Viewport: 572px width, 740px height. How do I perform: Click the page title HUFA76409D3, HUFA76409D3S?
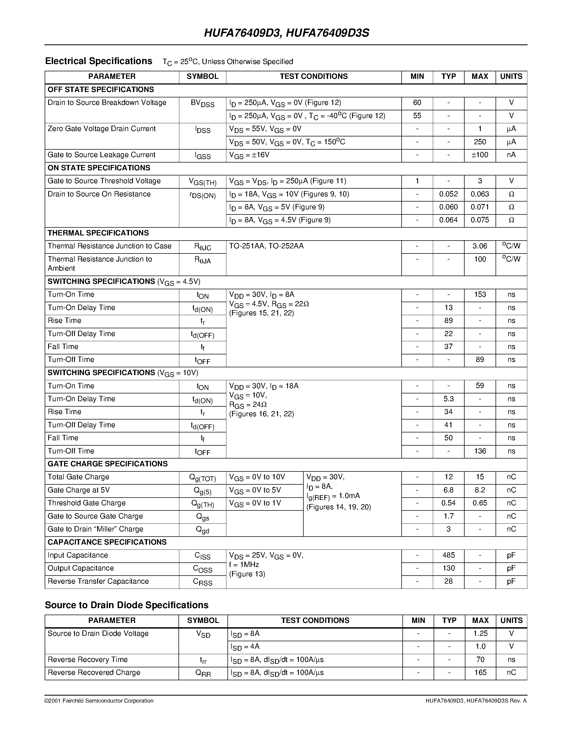[x=286, y=33]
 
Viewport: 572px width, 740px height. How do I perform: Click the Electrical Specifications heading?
[x=99, y=61]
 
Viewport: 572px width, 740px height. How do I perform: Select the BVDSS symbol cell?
[x=202, y=103]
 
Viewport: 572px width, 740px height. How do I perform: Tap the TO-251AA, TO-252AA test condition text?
[x=266, y=246]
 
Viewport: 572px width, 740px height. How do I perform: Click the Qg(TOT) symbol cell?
[x=202, y=478]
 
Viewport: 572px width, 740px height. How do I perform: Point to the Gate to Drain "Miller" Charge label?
[x=95, y=529]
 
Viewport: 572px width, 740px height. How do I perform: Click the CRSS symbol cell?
[x=202, y=582]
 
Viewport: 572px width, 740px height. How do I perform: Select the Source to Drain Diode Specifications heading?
[x=127, y=605]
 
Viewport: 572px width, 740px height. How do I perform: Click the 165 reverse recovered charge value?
[x=480, y=672]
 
